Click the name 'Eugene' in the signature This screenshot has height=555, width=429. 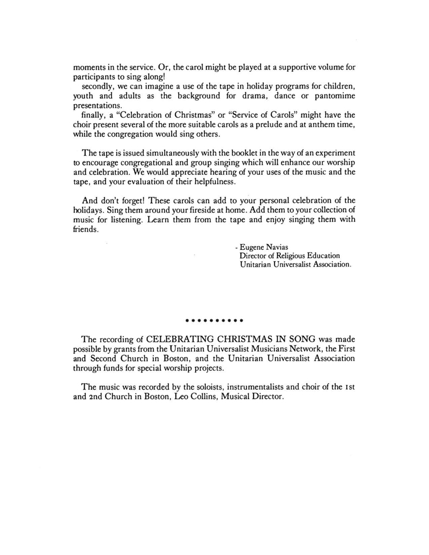[x=252, y=247]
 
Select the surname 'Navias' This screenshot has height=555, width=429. [x=278, y=247]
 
